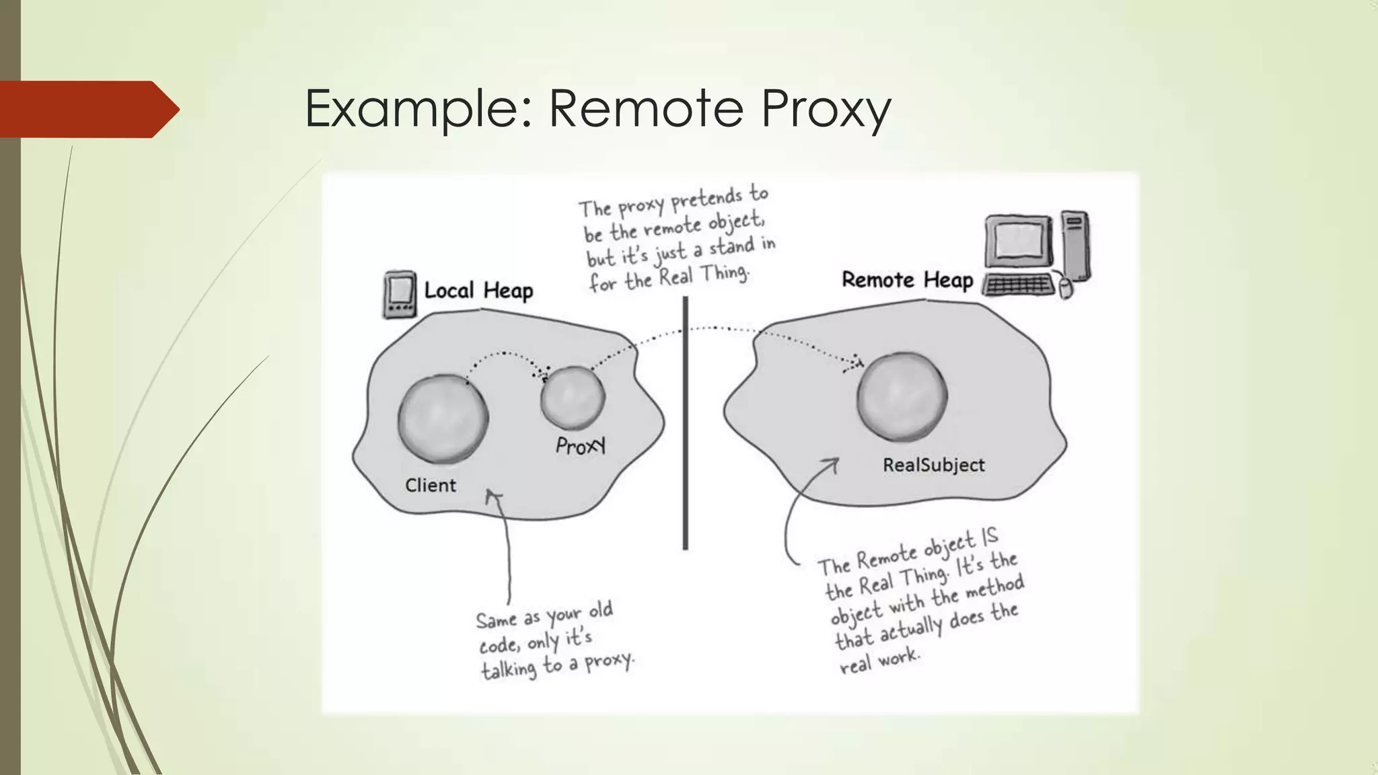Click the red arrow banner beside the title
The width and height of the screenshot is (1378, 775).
(x=87, y=109)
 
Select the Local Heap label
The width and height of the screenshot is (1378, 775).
(x=478, y=291)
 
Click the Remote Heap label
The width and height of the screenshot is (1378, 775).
(x=907, y=279)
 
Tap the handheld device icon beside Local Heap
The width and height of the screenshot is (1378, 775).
(x=399, y=294)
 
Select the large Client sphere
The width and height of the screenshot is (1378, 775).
(x=443, y=419)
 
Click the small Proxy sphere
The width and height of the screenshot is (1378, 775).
(x=573, y=398)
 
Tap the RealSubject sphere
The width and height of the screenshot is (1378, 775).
(x=902, y=397)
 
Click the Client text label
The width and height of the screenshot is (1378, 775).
(x=430, y=485)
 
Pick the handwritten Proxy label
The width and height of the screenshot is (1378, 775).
(x=581, y=445)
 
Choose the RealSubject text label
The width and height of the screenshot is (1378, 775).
(x=933, y=465)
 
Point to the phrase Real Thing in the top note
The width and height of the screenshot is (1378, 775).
(x=703, y=276)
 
